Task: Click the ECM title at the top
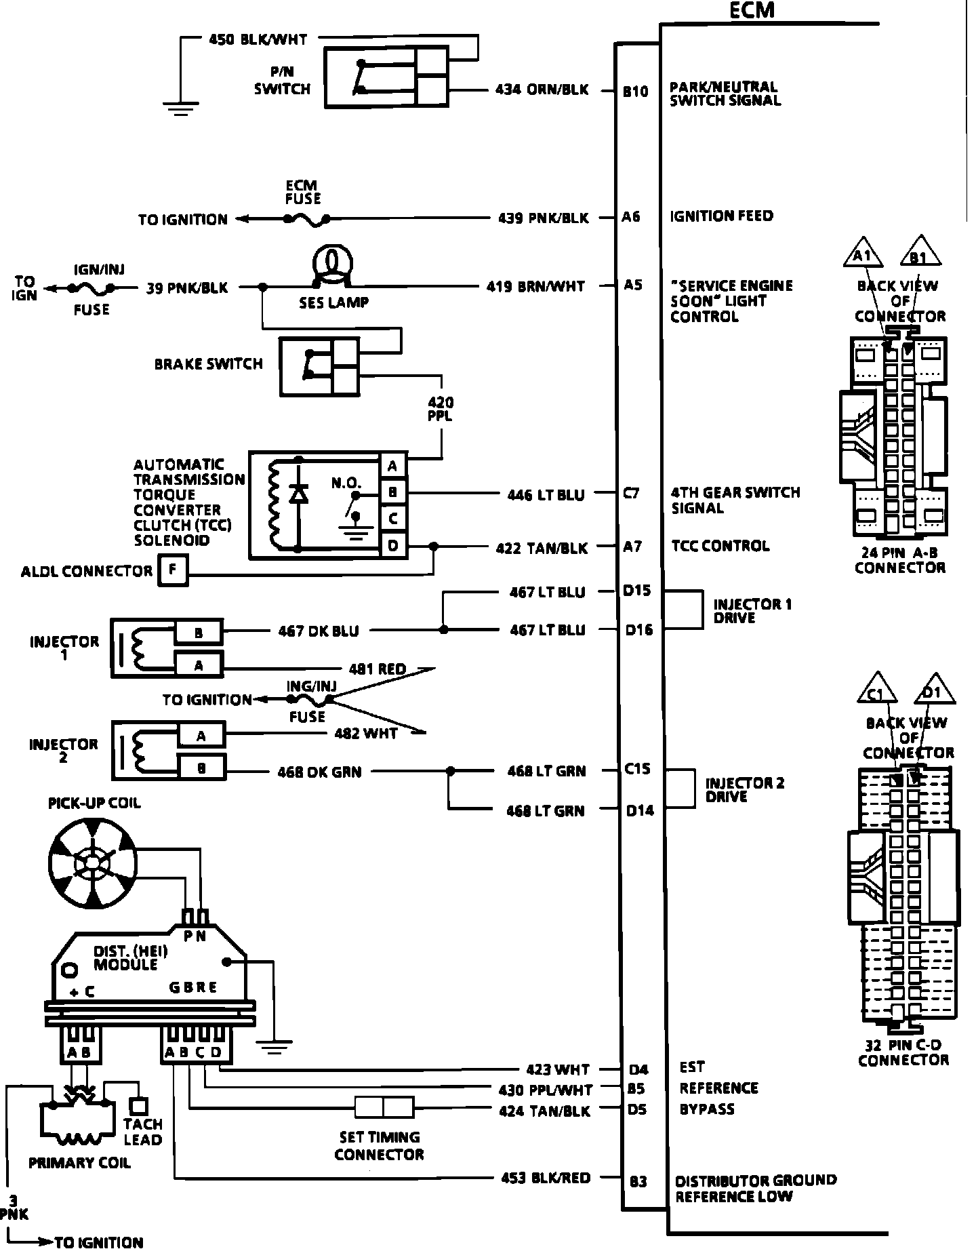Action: pos(752,10)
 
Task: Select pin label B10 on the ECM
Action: pos(635,92)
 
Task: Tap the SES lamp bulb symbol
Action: pos(331,263)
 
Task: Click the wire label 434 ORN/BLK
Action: pos(542,90)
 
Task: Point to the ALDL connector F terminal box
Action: pos(173,570)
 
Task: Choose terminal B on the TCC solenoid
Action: pos(393,492)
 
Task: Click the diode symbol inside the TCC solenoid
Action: pos(298,494)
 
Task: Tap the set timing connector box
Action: pos(384,1108)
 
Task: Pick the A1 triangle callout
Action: pos(862,253)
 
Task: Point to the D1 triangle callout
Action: pos(936,690)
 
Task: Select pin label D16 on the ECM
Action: pos(638,631)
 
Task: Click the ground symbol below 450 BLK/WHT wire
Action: pos(180,107)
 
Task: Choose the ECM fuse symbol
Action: pos(306,219)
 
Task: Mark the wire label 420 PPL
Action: pos(441,409)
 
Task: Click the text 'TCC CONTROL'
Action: pos(720,546)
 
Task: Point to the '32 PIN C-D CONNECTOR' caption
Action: pos(903,1053)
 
